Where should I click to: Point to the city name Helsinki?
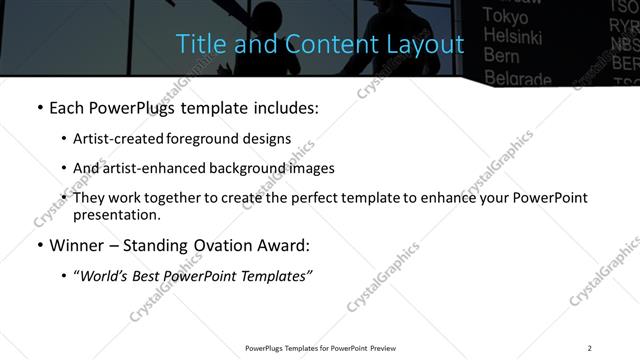click(x=513, y=36)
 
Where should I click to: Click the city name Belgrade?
click(x=517, y=78)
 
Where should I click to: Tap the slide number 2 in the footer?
click(x=590, y=347)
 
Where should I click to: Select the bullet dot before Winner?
click(x=39, y=244)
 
